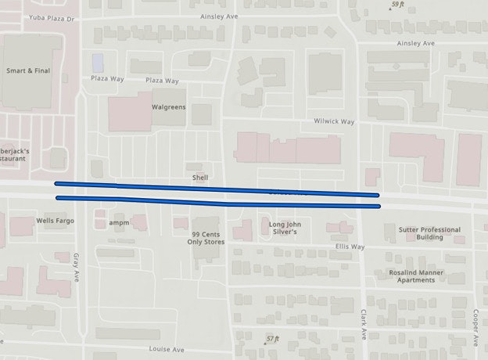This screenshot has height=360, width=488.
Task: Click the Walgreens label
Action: click(x=168, y=107)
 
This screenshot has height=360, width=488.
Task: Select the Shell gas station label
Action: click(x=200, y=178)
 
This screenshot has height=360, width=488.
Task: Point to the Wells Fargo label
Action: click(x=56, y=221)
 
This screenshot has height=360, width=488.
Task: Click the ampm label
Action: click(x=119, y=222)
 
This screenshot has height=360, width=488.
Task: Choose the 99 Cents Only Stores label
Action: click(x=206, y=238)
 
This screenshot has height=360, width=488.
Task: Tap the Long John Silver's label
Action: click(x=285, y=228)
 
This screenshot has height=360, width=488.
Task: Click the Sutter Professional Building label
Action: click(x=429, y=233)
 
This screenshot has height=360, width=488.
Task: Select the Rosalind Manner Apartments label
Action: click(x=416, y=276)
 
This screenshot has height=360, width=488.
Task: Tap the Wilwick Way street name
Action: click(x=334, y=122)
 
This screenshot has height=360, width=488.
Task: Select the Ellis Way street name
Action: click(x=350, y=247)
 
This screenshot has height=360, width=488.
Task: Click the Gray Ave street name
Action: click(x=77, y=267)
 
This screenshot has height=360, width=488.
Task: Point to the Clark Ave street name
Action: click(x=364, y=322)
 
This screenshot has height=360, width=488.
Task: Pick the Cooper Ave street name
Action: click(x=475, y=324)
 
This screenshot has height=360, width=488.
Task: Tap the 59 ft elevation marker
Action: click(x=397, y=5)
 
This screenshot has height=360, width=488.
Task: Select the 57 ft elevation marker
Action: click(x=272, y=338)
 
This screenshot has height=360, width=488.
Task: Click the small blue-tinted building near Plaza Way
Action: click(x=98, y=61)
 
